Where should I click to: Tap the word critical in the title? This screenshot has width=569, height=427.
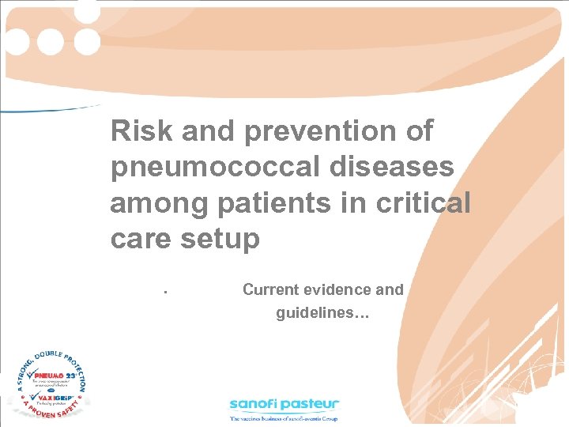click(x=424, y=204)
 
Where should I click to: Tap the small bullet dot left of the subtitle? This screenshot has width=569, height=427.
click(x=163, y=293)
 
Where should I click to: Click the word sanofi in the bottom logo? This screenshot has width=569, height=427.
click(x=257, y=404)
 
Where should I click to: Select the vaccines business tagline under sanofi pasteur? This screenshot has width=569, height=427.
click(x=284, y=418)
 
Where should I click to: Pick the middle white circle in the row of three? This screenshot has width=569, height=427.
click(x=51, y=41)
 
